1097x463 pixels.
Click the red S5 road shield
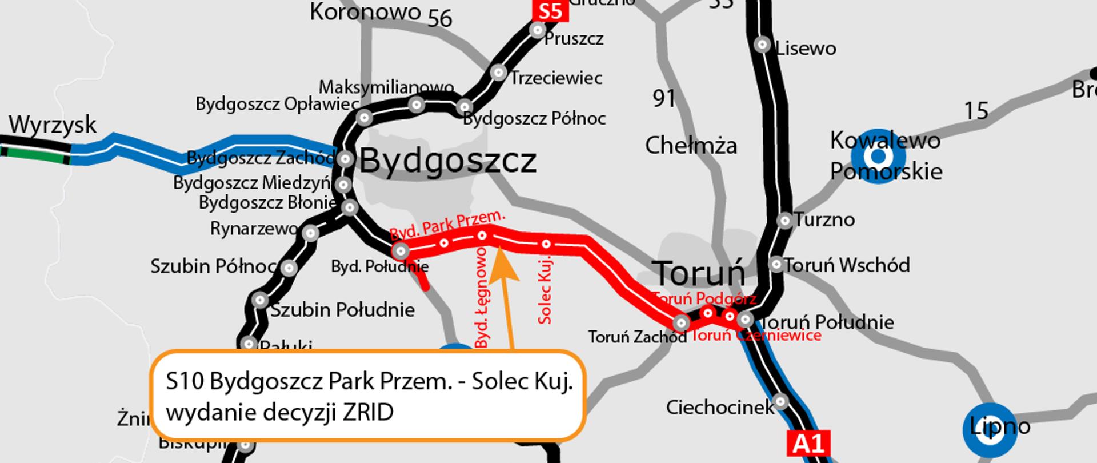(550, 12)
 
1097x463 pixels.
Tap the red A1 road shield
(808, 444)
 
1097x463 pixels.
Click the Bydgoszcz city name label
(448, 161)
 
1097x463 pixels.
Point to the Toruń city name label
(698, 273)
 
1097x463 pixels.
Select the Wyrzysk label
(53, 125)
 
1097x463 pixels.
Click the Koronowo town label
(365, 11)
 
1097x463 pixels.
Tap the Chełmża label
(691, 146)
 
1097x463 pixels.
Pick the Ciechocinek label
(719, 408)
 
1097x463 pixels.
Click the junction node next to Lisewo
(762, 45)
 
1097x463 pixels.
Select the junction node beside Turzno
(785, 220)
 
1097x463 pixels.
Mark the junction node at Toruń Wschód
(776, 264)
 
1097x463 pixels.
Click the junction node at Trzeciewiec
(498, 73)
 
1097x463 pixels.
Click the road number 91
(664, 99)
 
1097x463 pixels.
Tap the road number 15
(976, 110)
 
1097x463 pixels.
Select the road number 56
(440, 19)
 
